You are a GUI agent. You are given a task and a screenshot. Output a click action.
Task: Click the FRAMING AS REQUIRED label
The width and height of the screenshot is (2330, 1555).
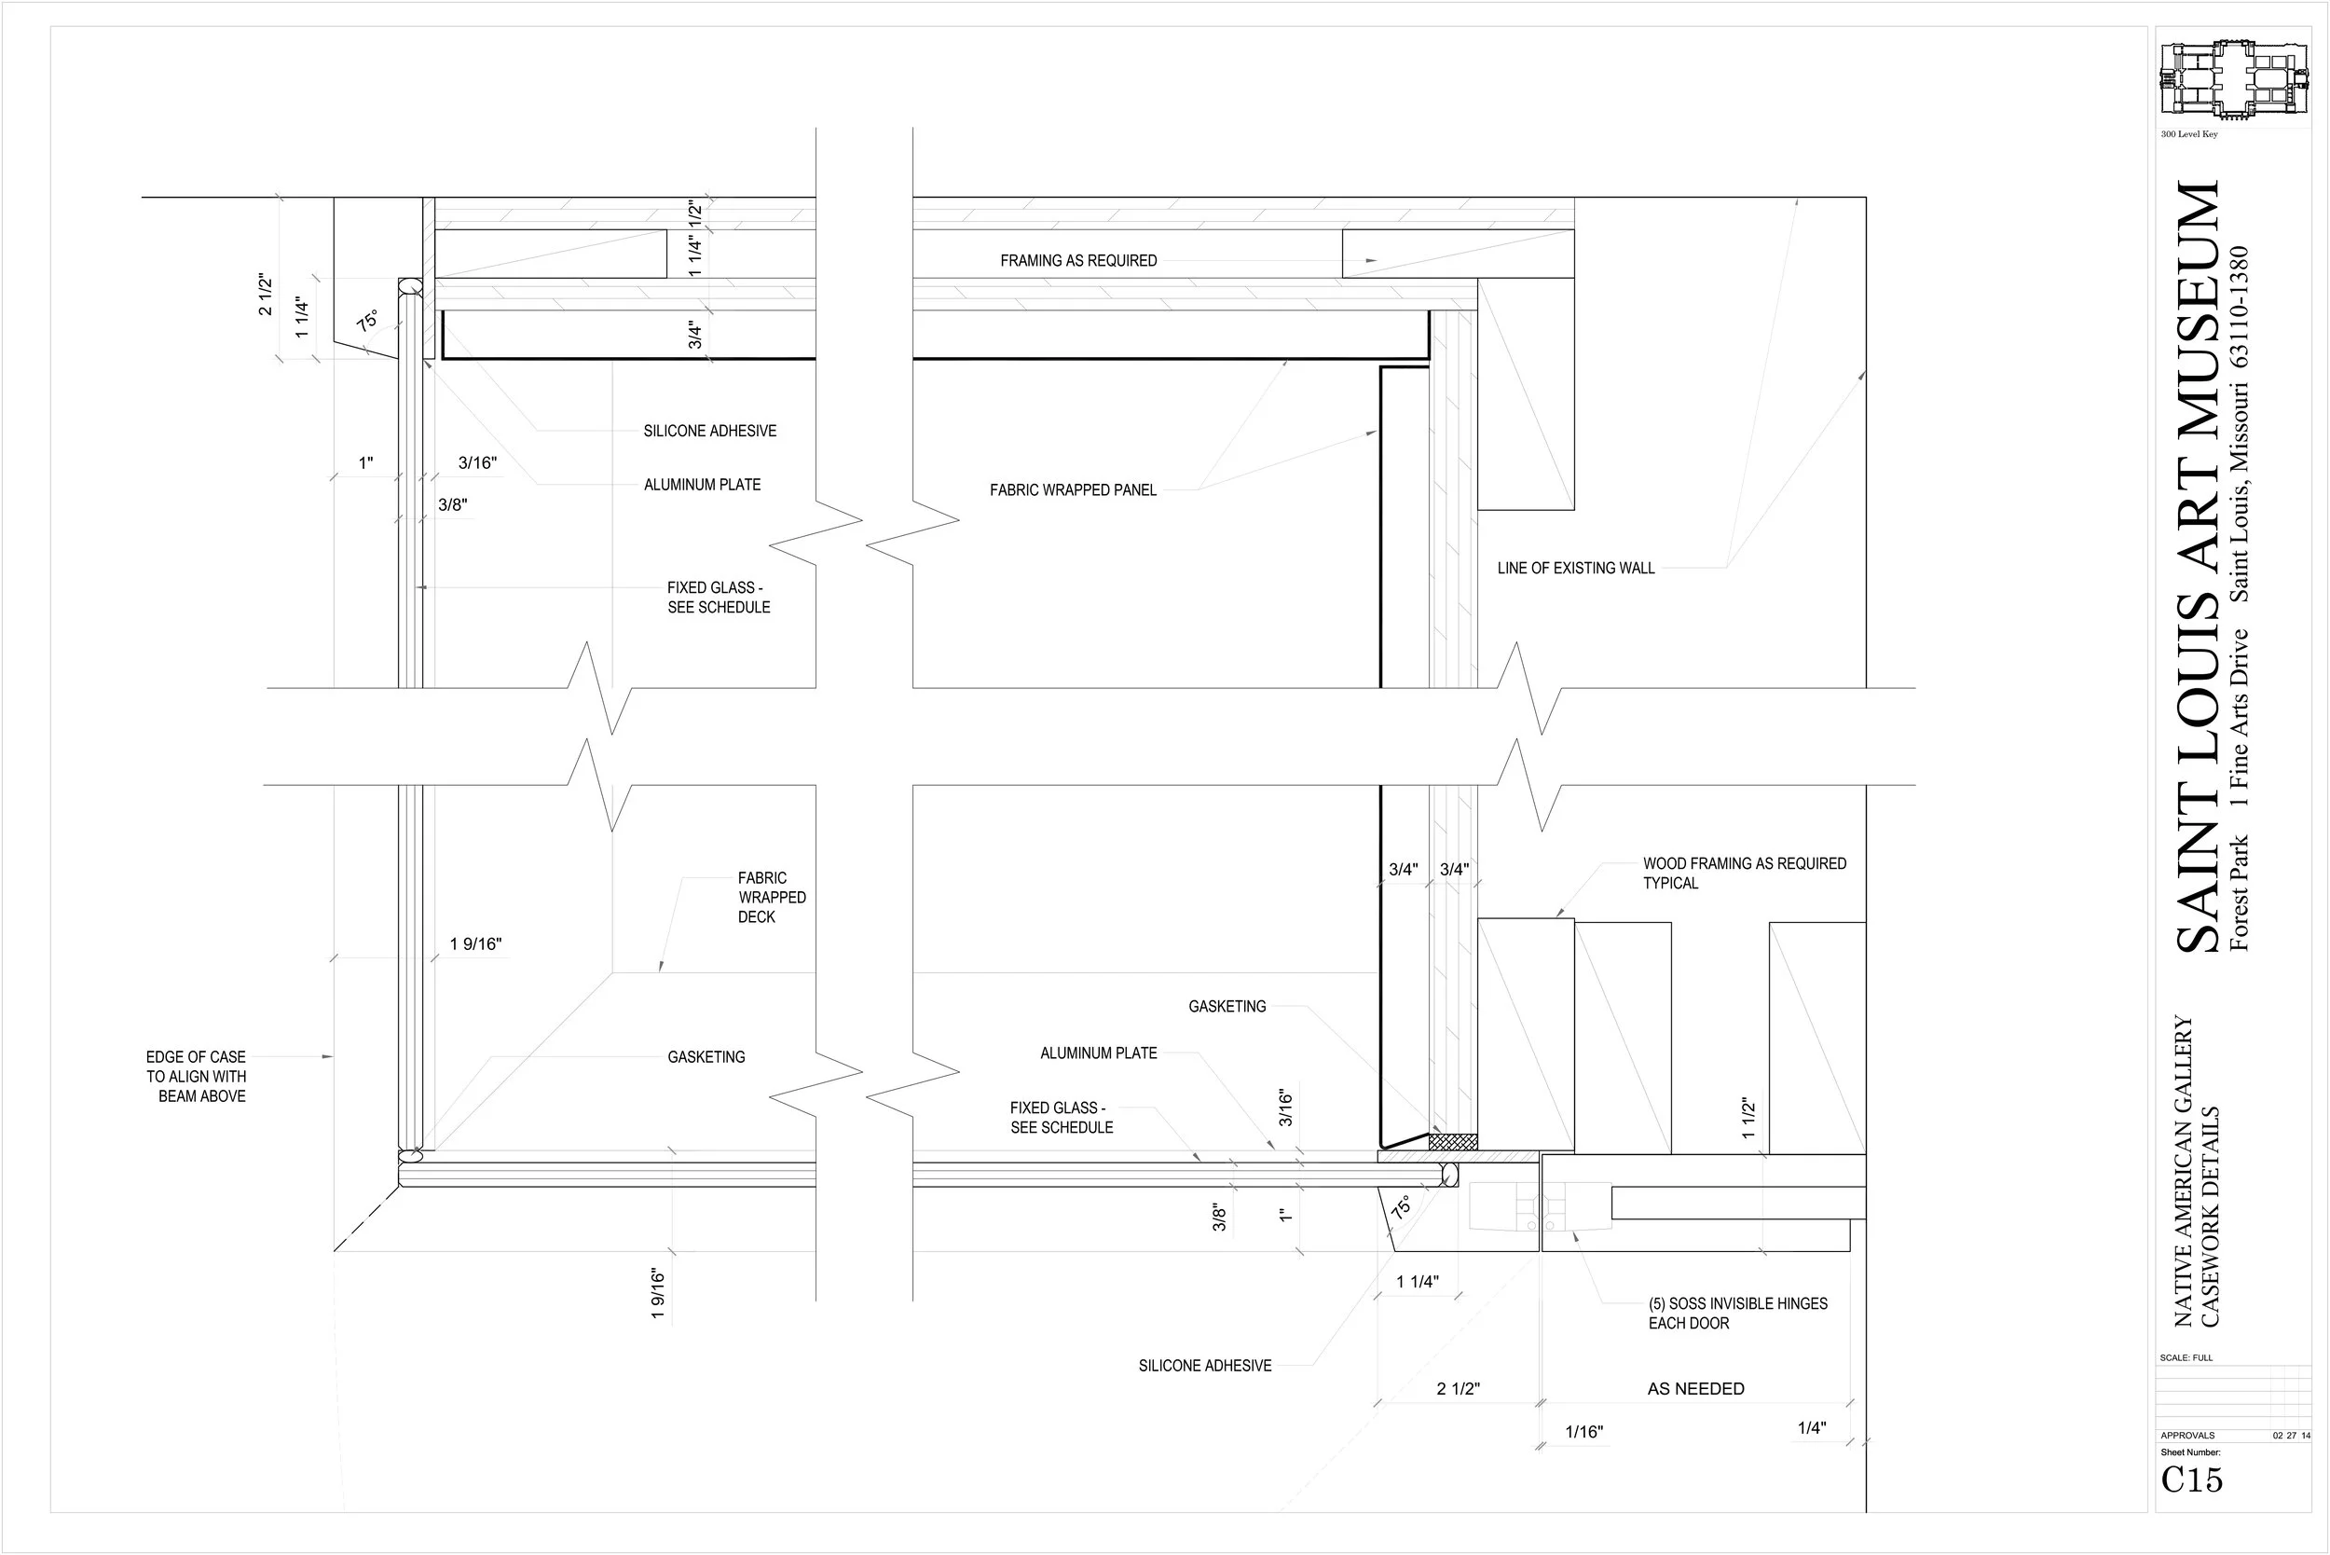click(x=1077, y=261)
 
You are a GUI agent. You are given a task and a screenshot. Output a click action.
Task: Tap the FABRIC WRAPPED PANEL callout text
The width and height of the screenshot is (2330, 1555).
click(x=1073, y=490)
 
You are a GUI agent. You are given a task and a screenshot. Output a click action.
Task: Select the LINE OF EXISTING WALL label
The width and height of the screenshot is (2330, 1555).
click(x=1575, y=569)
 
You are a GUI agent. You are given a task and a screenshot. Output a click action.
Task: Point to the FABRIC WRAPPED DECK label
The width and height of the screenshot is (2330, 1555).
click(x=772, y=898)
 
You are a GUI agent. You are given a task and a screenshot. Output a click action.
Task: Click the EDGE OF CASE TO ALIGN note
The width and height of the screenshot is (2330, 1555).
click(x=197, y=1076)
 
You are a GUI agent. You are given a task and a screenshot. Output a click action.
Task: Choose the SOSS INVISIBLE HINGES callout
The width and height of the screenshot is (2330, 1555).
click(x=1737, y=1313)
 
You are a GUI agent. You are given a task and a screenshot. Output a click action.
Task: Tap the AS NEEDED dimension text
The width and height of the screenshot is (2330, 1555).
click(x=1695, y=1388)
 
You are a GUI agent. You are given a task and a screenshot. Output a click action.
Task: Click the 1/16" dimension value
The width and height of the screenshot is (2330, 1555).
click(x=1583, y=1431)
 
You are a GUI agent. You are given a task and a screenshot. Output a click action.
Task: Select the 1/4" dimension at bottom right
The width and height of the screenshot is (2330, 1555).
click(x=1812, y=1427)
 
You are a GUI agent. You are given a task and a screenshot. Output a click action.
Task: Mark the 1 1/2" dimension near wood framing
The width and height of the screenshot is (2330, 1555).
click(x=1748, y=1118)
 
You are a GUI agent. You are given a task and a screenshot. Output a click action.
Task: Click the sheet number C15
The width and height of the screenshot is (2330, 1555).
click(x=2191, y=1479)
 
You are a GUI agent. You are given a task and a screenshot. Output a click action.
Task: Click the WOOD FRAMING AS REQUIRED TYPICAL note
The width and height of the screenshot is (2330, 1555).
click(x=1744, y=873)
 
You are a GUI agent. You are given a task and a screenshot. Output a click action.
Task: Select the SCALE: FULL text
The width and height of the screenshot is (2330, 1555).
click(x=2186, y=1357)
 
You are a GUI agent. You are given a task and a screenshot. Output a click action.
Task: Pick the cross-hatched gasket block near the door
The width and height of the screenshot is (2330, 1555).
click(x=1453, y=1142)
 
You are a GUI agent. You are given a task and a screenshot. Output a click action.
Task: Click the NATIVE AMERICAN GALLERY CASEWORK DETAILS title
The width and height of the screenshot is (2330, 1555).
click(x=2196, y=1170)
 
